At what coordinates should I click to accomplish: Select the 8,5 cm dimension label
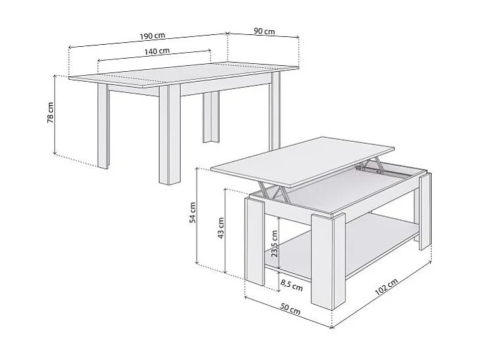coord(291,285)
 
